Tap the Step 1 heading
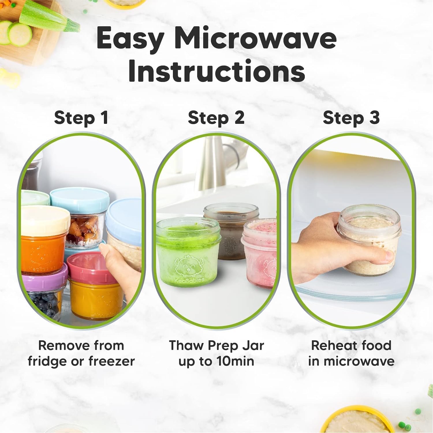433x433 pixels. (x=81, y=118)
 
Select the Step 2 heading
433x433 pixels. (x=216, y=118)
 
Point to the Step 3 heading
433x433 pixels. (x=351, y=118)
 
